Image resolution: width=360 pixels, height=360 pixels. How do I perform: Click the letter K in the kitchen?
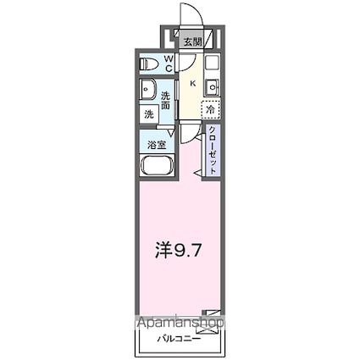point(192,83)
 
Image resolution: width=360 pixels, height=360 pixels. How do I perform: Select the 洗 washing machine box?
point(148,114)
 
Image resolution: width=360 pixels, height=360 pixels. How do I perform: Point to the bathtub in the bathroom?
point(157,166)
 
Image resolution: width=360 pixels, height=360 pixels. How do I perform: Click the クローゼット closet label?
point(213,152)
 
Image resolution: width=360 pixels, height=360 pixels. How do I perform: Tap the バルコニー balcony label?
point(179,341)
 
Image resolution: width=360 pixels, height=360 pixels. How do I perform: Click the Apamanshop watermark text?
point(179,323)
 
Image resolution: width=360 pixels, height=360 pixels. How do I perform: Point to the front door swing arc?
point(188,15)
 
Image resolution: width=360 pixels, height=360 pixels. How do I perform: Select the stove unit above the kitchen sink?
point(212,63)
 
